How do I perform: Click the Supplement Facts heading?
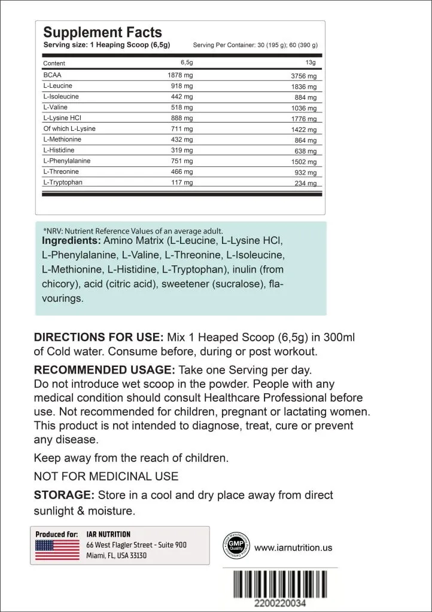(102, 32)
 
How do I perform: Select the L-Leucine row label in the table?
(57, 86)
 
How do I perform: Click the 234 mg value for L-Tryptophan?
(305, 183)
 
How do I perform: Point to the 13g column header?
(311, 62)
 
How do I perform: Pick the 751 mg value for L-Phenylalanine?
(181, 161)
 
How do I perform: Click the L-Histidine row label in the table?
(59, 150)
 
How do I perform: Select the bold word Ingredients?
(71, 241)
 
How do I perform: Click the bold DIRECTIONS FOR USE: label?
(98, 338)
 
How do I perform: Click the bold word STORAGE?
(64, 495)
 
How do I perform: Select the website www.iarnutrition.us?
(293, 547)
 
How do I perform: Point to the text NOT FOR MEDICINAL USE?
(106, 476)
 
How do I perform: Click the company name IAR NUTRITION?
(108, 534)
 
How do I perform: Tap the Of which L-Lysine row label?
(69, 128)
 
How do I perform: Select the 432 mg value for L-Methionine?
(181, 139)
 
